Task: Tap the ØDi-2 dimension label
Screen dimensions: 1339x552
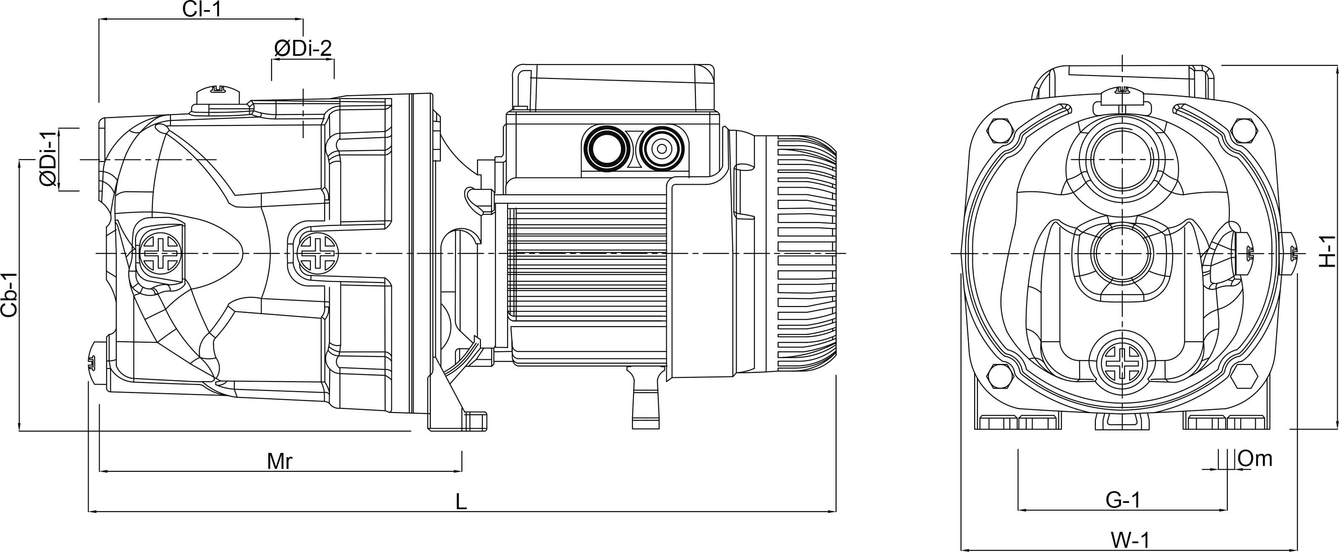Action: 302,48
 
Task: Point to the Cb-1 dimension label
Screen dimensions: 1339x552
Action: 9,295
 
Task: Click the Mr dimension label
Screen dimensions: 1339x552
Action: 280,460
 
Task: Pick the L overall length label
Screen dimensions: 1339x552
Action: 461,502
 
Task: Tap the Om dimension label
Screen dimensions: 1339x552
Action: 1255,458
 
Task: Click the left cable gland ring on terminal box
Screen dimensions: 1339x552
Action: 606,149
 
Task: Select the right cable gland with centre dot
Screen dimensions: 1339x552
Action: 661,149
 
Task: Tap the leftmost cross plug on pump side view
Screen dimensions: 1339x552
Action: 161,253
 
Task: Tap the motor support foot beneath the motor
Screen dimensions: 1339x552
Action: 646,397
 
